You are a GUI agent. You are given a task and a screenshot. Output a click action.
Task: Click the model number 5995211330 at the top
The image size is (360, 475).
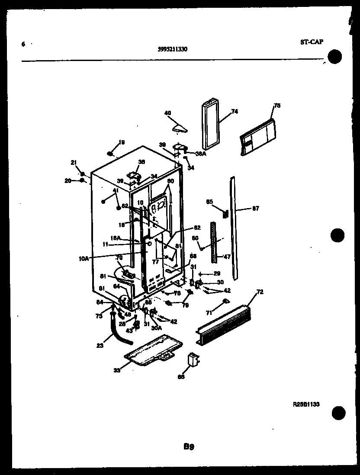click(172, 49)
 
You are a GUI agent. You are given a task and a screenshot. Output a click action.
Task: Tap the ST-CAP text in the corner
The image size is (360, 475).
click(311, 42)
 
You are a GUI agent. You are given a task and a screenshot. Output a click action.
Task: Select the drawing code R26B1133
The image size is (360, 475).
click(306, 404)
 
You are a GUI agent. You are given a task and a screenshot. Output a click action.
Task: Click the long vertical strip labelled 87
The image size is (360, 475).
click(234, 227)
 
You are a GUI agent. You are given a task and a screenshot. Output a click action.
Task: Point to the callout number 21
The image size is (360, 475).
click(73, 162)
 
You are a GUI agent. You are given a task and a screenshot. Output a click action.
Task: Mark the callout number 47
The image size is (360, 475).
click(227, 256)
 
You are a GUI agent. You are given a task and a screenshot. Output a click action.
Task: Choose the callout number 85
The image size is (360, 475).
click(209, 201)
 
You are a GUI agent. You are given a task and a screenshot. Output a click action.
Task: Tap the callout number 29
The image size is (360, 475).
click(217, 273)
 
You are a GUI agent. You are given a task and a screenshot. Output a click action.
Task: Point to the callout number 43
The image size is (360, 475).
click(129, 331)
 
